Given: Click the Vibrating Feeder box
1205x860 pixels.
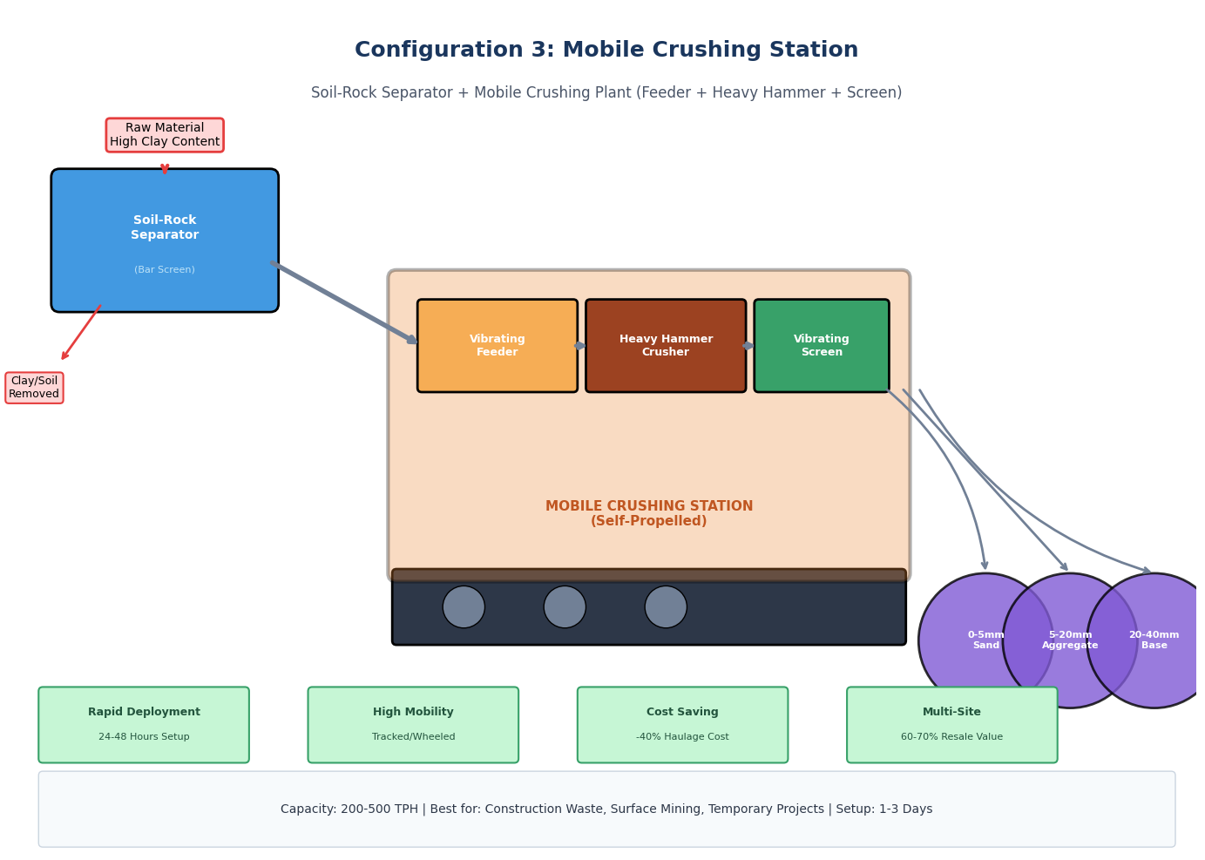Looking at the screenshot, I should (497, 346).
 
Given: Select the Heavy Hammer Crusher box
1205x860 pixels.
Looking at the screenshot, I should (666, 346).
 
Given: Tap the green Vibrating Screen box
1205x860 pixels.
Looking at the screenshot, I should (821, 346).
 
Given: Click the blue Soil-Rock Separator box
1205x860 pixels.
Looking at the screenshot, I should (165, 240).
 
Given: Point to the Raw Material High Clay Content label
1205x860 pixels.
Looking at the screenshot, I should (165, 135).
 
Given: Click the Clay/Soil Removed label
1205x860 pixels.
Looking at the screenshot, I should (34, 388).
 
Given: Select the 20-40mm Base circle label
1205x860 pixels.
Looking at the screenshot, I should (1154, 640).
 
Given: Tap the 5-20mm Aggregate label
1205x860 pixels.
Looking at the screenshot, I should (1070, 640).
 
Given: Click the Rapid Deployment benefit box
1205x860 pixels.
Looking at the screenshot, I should (144, 724).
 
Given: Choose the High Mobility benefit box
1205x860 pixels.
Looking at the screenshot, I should (413, 724).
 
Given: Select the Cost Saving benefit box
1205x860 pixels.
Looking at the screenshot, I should (682, 724).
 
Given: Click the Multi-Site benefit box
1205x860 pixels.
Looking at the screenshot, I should (951, 724).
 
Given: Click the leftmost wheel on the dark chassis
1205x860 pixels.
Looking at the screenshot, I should (464, 606).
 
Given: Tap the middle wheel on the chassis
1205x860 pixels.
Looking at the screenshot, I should (565, 606).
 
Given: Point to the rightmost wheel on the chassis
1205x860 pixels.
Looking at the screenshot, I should (666, 606).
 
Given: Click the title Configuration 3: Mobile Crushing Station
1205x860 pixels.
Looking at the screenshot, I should (606, 51).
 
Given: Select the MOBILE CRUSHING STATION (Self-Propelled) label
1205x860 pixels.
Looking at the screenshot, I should (649, 513).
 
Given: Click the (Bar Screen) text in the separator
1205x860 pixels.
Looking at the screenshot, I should (165, 270).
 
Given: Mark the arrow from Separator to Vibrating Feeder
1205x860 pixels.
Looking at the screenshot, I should (344, 301).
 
